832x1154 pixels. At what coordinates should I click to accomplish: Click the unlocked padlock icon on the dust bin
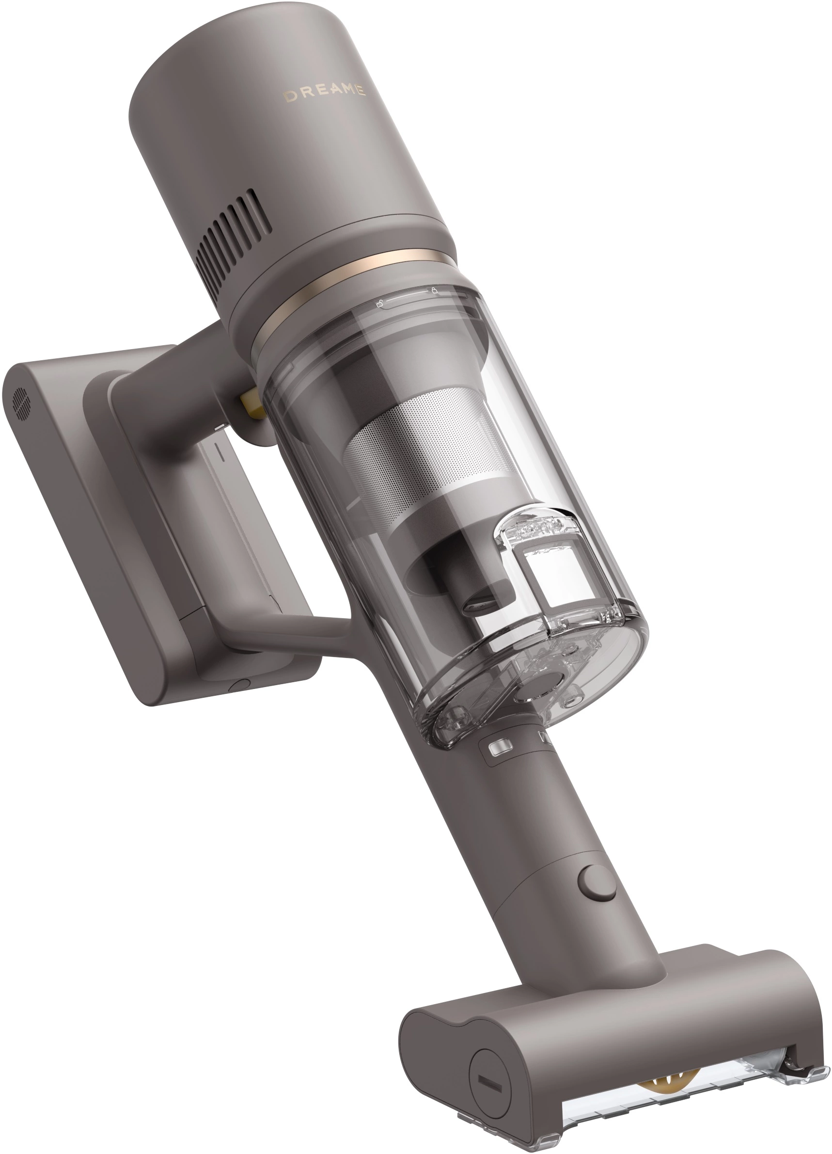[x=379, y=305]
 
